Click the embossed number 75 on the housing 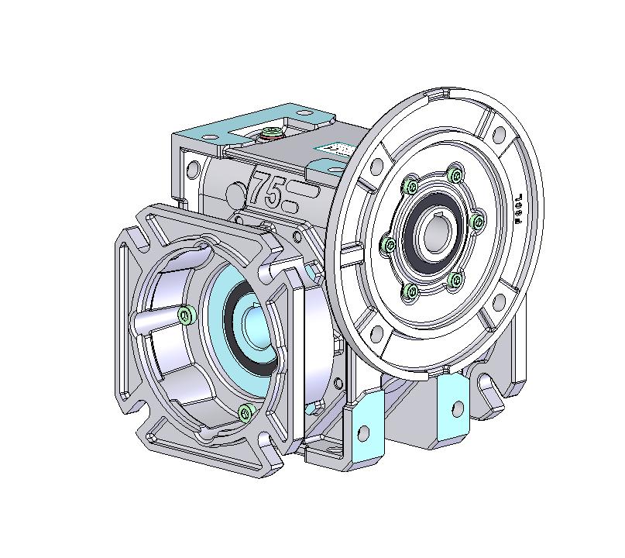(265, 189)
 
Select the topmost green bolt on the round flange (455, 174)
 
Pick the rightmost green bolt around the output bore (477, 222)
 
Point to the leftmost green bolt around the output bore (390, 245)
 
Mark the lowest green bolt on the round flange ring (411, 291)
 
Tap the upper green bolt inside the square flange (185, 314)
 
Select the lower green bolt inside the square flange (246, 411)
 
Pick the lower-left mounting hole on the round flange (377, 335)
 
